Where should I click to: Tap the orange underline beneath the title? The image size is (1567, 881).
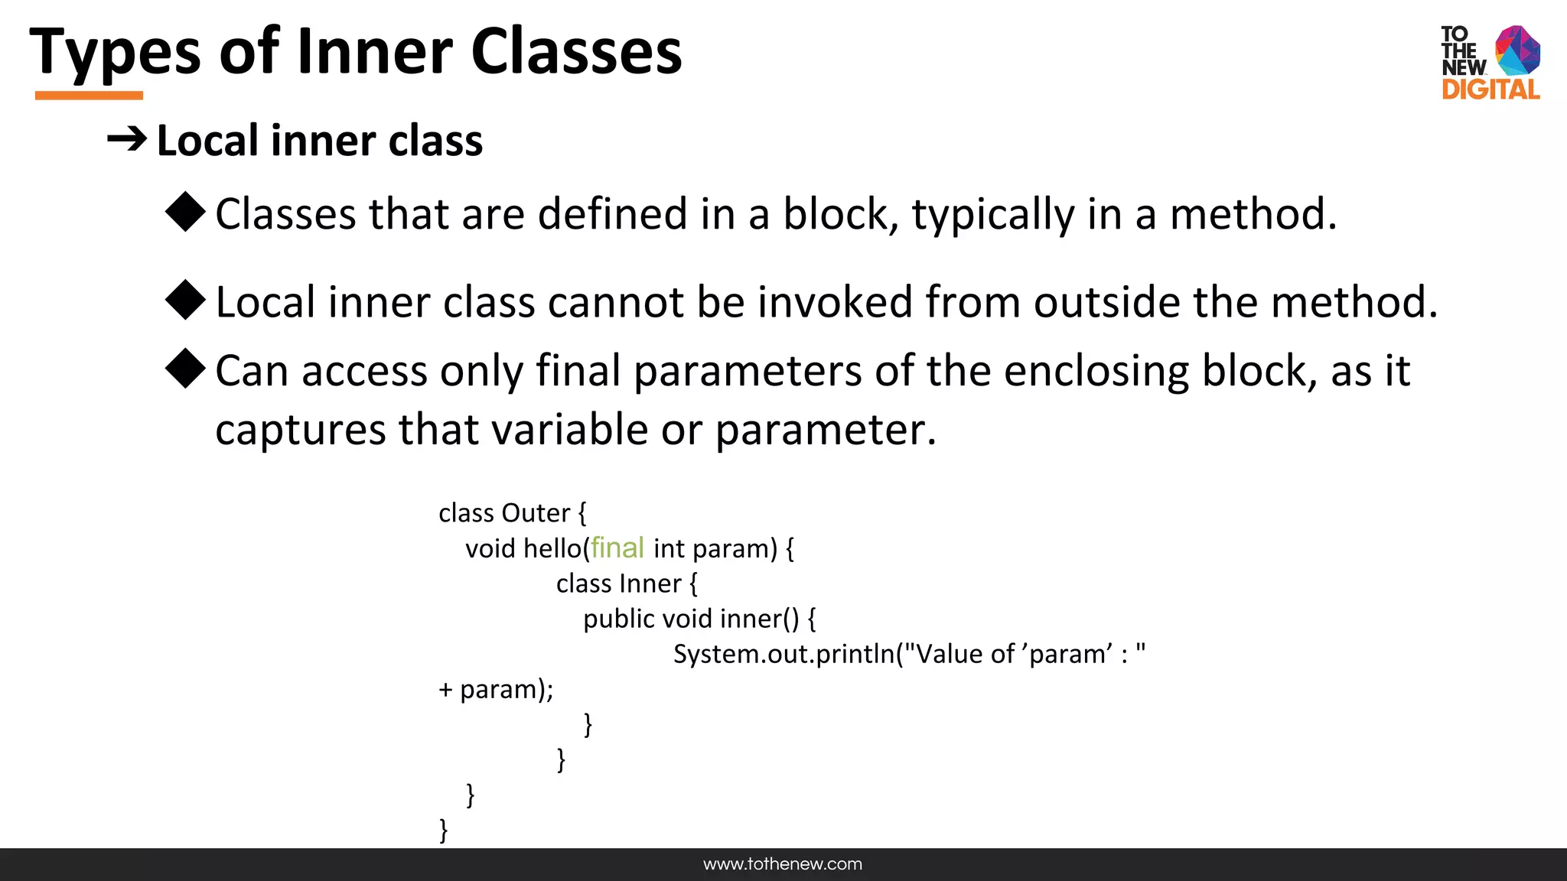(89, 96)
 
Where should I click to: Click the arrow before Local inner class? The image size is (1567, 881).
(126, 139)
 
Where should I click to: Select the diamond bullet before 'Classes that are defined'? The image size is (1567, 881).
(185, 212)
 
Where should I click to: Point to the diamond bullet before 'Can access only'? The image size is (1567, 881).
(185, 369)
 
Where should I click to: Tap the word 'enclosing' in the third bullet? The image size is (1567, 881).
(1096, 372)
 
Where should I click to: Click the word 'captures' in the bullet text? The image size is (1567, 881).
(301, 429)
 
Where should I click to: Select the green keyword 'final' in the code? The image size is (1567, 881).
(617, 548)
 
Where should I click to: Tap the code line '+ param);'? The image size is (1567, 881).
(496, 689)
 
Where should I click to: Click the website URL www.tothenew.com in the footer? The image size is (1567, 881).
(783, 864)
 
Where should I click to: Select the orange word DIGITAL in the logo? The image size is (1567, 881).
(1490, 89)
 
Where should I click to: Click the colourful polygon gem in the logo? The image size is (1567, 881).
(1517, 50)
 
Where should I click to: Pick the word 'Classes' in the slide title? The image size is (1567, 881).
(576, 52)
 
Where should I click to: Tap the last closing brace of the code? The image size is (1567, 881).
(443, 829)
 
